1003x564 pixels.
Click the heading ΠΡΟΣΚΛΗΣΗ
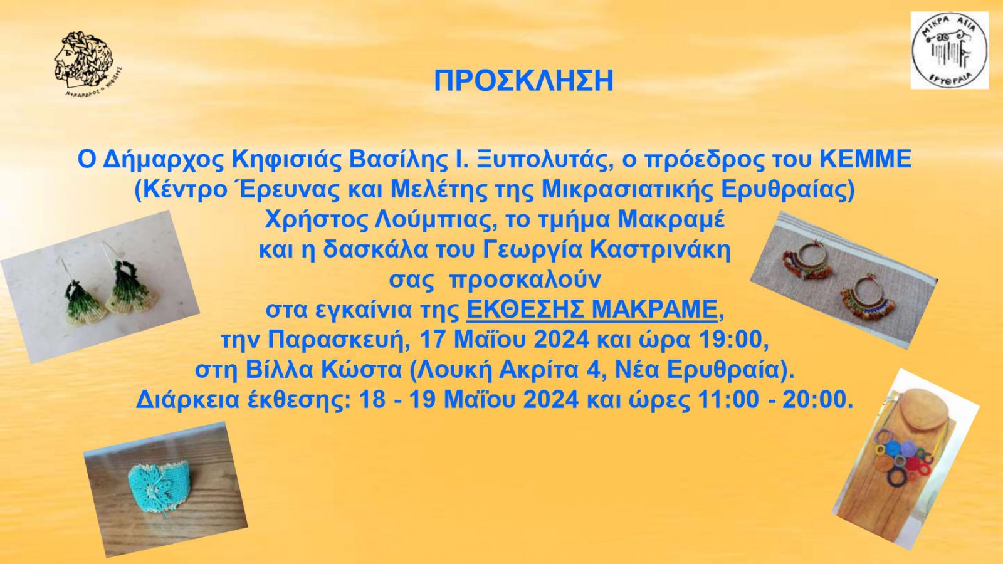523,81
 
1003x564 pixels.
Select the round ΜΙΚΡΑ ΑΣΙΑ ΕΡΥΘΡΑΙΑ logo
949,50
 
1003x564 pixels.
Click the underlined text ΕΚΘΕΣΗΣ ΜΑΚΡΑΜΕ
592,310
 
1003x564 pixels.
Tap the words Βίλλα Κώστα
323,370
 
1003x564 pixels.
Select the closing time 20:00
814,400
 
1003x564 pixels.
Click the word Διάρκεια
187,400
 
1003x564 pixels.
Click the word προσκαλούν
525,281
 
